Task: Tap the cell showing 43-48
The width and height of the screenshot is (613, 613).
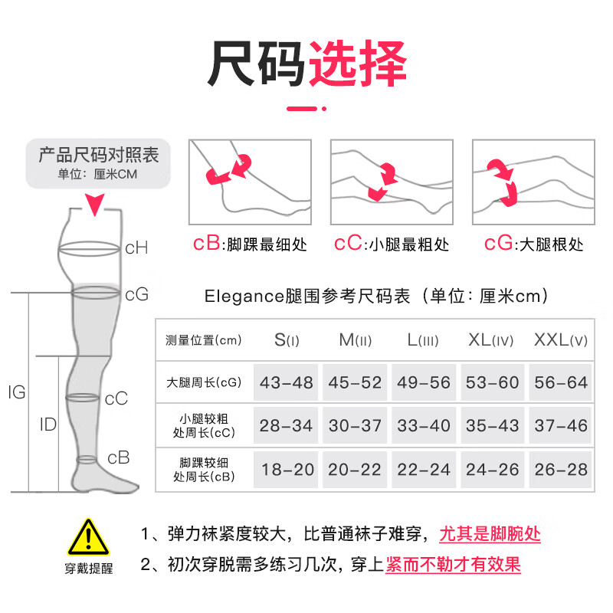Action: point(287,382)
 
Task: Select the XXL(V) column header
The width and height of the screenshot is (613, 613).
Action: point(560,339)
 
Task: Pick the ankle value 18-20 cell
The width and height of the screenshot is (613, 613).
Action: point(287,470)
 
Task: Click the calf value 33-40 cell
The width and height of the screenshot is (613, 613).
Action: point(424,425)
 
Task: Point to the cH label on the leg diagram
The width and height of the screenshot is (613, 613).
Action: point(136,247)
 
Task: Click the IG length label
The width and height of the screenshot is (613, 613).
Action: point(16,393)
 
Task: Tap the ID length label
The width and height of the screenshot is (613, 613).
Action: point(48,424)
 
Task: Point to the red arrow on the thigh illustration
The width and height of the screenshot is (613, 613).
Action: point(503,181)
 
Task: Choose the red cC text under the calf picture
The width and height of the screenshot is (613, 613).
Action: point(348,244)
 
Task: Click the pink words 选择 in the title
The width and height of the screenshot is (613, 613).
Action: point(357,64)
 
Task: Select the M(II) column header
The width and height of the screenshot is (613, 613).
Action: point(355,339)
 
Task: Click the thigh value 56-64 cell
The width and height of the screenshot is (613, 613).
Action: point(560,382)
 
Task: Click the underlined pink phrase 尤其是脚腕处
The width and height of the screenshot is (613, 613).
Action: point(490,533)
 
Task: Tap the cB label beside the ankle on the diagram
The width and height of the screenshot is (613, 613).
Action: point(118,457)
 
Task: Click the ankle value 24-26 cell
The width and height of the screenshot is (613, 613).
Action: point(493,470)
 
